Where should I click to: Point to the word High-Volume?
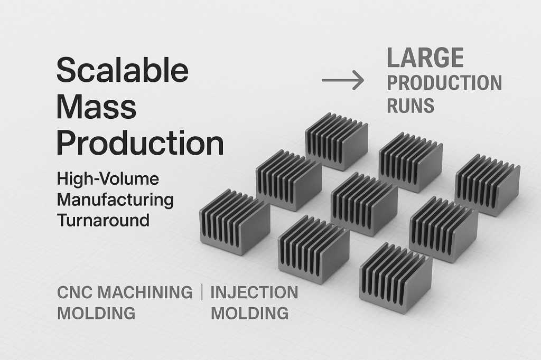[108, 179]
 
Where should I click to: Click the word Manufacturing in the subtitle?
[115, 200]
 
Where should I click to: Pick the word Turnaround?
[103, 220]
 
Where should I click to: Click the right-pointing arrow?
[343, 80]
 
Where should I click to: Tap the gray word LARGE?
[425, 58]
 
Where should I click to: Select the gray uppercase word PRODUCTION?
[444, 83]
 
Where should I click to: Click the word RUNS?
[411, 106]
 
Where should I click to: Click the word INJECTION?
[254, 292]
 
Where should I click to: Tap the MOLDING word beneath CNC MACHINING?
[96, 313]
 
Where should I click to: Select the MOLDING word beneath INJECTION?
[249, 313]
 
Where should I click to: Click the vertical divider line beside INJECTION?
[202, 292]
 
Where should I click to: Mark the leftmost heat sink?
[235, 222]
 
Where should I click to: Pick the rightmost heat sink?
[487, 185]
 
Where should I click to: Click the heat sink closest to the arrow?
[337, 141]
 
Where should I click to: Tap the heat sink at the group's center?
[364, 204]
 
